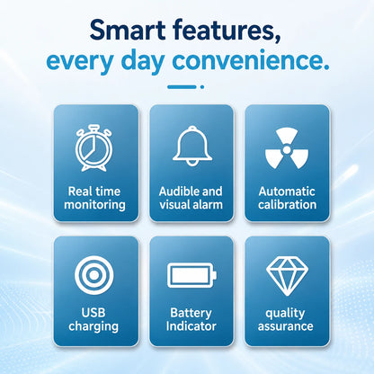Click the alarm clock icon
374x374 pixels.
[93, 148]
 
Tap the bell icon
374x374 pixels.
[192, 146]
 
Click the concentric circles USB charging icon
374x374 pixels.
[94, 275]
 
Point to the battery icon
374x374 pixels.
[191, 275]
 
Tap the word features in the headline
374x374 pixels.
[227, 31]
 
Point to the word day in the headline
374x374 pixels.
[143, 62]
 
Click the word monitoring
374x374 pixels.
[94, 205]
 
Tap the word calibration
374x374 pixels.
[288, 204]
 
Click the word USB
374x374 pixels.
[93, 312]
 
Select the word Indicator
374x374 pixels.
[191, 326]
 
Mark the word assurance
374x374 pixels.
[285, 326]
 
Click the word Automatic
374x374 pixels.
[287, 191]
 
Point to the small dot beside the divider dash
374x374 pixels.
[202, 87]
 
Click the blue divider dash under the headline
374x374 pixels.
[182, 87]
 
